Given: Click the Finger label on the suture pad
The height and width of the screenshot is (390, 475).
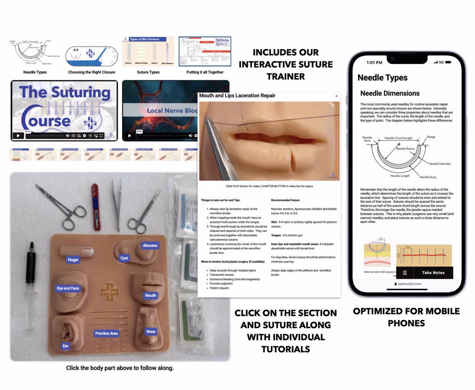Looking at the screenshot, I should tap(73, 260).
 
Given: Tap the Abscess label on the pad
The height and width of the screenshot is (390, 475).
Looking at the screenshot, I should tap(150, 245).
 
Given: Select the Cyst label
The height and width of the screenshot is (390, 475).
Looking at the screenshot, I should tap(124, 258).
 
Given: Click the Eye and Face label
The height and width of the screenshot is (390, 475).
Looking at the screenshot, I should tap(68, 288).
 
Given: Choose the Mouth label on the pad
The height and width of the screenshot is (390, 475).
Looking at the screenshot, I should tap(150, 295).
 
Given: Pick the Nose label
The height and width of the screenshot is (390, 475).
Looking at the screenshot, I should tap(150, 331).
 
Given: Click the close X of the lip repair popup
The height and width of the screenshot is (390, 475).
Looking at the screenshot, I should tap(336, 96).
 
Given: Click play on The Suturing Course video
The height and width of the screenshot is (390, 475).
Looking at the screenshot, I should tap(18, 136).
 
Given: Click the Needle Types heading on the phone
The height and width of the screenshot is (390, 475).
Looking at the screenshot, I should tap(383, 78).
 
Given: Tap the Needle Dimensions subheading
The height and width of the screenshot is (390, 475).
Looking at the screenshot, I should tap(390, 93).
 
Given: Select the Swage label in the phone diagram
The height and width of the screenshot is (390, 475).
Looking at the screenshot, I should tap(431, 137).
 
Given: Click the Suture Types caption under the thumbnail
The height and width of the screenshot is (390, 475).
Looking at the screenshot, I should tap(148, 72).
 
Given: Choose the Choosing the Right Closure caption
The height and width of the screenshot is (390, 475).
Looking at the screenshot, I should tap(92, 72).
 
